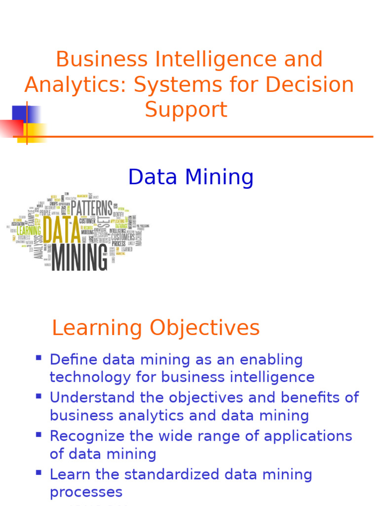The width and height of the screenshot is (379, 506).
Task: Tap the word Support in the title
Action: [186, 109]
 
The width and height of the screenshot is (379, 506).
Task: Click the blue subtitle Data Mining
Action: [190, 177]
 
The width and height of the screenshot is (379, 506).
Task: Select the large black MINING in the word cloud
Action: [79, 257]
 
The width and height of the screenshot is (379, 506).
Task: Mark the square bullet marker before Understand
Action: [39, 395]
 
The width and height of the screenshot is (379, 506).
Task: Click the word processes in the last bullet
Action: [86, 492]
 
